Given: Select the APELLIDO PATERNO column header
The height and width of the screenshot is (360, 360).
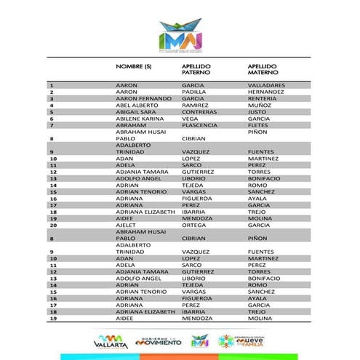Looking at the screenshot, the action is point(199,70).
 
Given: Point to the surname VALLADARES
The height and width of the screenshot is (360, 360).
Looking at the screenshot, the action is point(266,85).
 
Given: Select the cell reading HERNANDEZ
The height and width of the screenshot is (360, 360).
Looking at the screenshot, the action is point(266,92).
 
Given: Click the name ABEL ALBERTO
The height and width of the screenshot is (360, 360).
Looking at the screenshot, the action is point(136,106).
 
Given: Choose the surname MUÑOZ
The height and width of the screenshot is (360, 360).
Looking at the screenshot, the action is point(259,106).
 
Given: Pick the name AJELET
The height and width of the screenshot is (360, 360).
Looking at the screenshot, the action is point(127,225).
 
